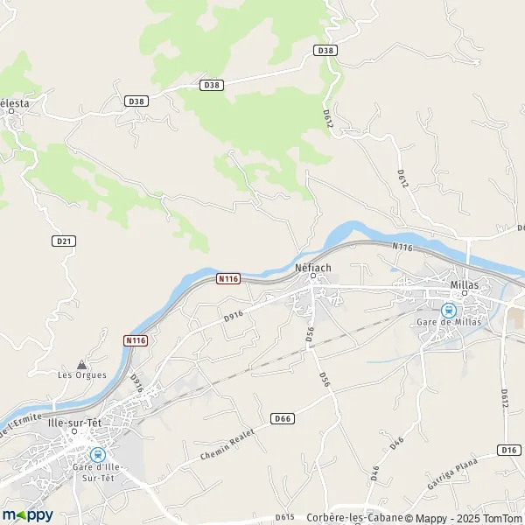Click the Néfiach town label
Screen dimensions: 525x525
click(x=311, y=267)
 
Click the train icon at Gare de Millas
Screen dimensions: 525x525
click(x=448, y=309)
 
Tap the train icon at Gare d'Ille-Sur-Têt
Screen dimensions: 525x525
click(x=96, y=454)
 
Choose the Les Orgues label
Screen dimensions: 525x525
click(x=82, y=375)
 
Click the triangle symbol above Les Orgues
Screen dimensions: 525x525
click(x=81, y=363)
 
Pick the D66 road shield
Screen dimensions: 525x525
click(x=282, y=418)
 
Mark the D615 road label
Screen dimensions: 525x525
click(x=285, y=517)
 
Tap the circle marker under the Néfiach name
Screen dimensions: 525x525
click(x=312, y=277)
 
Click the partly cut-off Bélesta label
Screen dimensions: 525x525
click(x=14, y=103)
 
